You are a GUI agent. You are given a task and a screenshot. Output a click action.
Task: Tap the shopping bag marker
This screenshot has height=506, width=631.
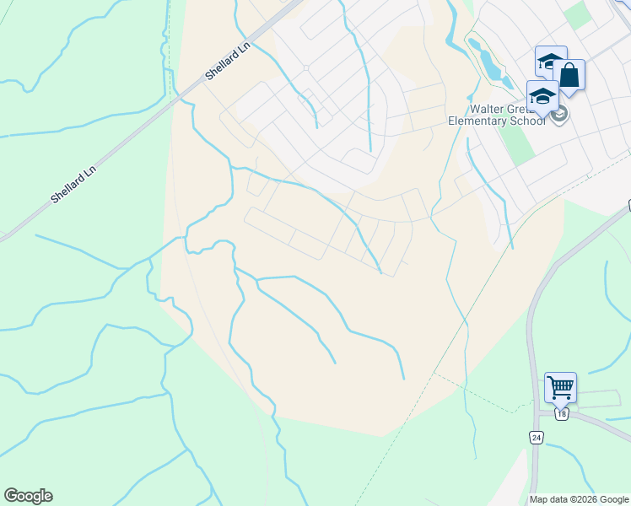(x=569, y=76)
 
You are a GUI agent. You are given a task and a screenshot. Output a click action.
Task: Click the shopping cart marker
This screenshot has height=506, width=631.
(x=560, y=388)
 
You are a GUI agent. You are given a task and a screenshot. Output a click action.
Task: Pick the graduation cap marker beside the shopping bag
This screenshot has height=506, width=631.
(x=551, y=62)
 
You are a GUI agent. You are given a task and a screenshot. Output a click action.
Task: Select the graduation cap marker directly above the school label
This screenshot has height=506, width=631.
(x=542, y=96)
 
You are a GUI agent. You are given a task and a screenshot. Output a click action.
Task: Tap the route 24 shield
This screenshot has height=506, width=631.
(x=536, y=437)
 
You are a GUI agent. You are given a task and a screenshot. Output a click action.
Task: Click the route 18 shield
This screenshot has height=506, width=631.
(x=563, y=414)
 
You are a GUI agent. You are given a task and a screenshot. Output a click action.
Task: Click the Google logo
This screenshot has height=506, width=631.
(x=28, y=496)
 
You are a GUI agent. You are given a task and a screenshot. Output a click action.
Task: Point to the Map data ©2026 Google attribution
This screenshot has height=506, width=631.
(x=579, y=499)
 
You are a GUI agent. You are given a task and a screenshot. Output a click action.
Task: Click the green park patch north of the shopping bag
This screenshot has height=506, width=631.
(x=578, y=14)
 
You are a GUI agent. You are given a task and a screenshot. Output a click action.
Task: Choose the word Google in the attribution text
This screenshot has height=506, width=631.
(x=612, y=499)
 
